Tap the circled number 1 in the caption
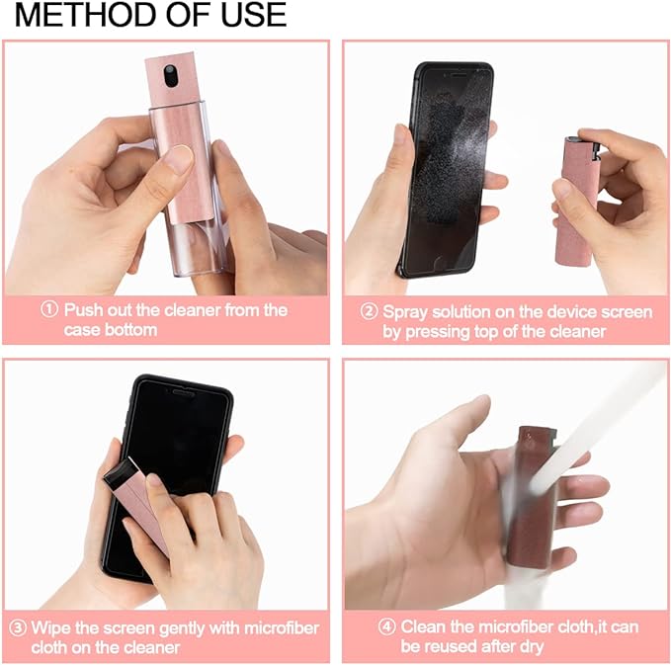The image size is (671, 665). (49, 310)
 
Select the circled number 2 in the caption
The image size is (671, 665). (369, 312)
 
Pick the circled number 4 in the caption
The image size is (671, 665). (387, 626)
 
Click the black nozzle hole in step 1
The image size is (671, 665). (170, 73)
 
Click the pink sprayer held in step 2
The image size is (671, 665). (575, 198)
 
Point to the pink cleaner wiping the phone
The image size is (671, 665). (138, 504)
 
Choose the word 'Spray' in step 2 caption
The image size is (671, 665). (408, 312)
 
